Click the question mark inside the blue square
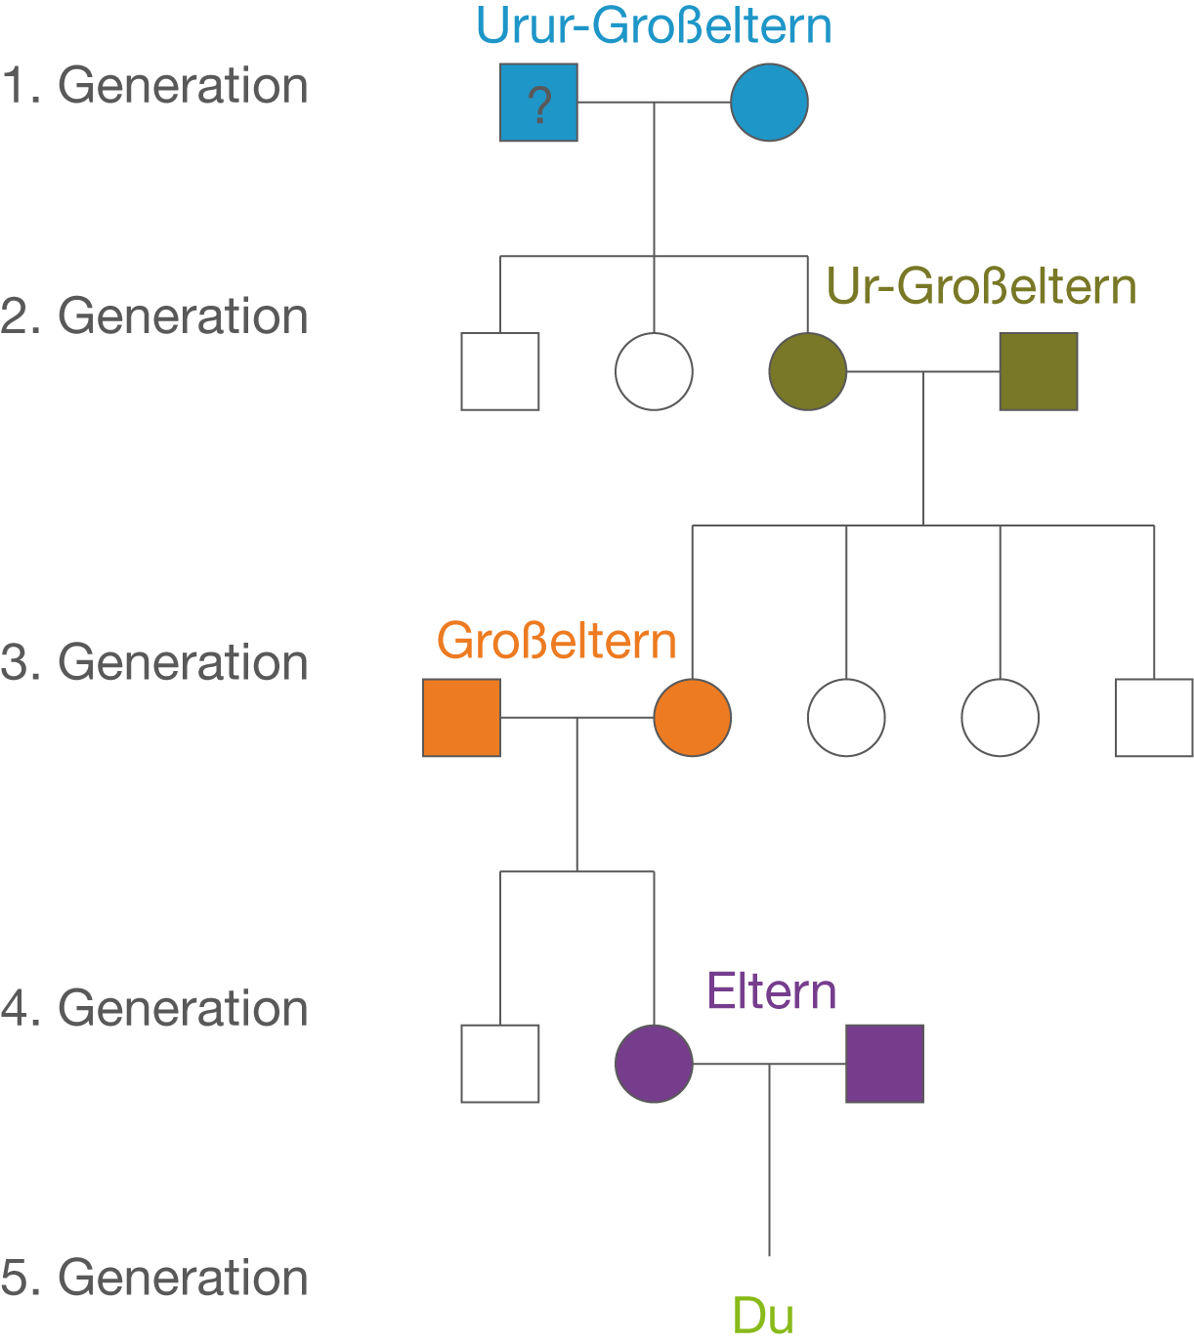coord(538,104)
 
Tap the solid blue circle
coord(769,102)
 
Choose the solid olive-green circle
coord(807,371)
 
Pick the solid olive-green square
coord(1039,371)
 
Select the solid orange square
coord(461,717)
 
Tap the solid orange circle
coord(692,717)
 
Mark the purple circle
coord(654,1063)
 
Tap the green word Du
coord(762,1319)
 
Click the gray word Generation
coord(183,91)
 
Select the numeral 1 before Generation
coord(12,91)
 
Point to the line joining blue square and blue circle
coord(654,103)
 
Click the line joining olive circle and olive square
coord(923,372)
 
